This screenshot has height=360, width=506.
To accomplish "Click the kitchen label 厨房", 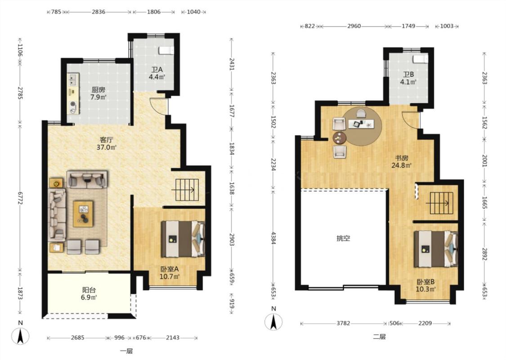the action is click(x=98, y=90).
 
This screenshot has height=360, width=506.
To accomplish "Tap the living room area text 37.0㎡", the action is click(x=107, y=148).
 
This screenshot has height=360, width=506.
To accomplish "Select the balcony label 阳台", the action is click(x=89, y=290).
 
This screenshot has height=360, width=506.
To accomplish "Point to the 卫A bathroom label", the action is click(x=157, y=70).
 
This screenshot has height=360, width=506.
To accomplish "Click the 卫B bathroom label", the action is click(x=409, y=75).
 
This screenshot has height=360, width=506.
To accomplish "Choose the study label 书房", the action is click(x=402, y=158).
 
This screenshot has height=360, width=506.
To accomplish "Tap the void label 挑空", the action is click(x=343, y=238).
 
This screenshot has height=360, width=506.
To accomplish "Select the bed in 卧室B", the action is click(x=436, y=249).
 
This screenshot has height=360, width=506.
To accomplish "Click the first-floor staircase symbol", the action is click(x=187, y=190).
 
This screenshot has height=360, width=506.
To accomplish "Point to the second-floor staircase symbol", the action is click(x=441, y=203).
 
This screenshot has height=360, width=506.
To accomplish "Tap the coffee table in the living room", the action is click(x=83, y=214).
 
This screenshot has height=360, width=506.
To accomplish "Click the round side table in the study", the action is click(x=340, y=138).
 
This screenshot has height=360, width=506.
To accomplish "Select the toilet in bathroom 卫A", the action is click(x=166, y=50).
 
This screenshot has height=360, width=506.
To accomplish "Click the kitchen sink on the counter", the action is click(x=73, y=80).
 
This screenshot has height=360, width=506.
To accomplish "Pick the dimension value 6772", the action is click(x=20, y=200).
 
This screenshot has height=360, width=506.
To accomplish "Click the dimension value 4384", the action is click(x=273, y=238).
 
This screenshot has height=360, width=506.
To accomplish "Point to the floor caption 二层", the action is click(x=379, y=337).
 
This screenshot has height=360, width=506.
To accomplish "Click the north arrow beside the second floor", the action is click(x=273, y=322).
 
